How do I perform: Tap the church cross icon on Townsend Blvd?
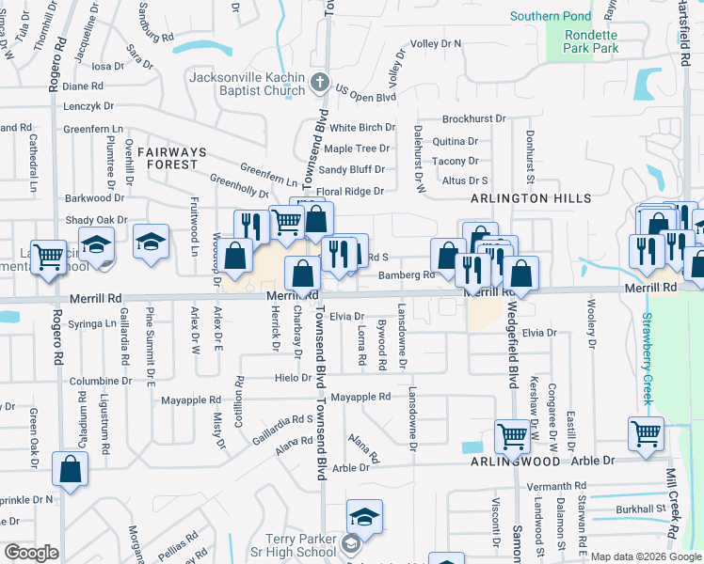click(320, 82)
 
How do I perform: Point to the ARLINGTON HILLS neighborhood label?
click(532, 198)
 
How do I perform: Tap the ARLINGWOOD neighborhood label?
click(509, 463)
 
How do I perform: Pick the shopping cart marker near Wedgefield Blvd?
click(511, 435)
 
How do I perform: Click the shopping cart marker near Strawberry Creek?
click(647, 433)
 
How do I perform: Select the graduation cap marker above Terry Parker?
click(364, 517)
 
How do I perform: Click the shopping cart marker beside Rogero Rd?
click(49, 255)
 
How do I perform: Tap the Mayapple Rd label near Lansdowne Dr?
click(360, 398)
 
